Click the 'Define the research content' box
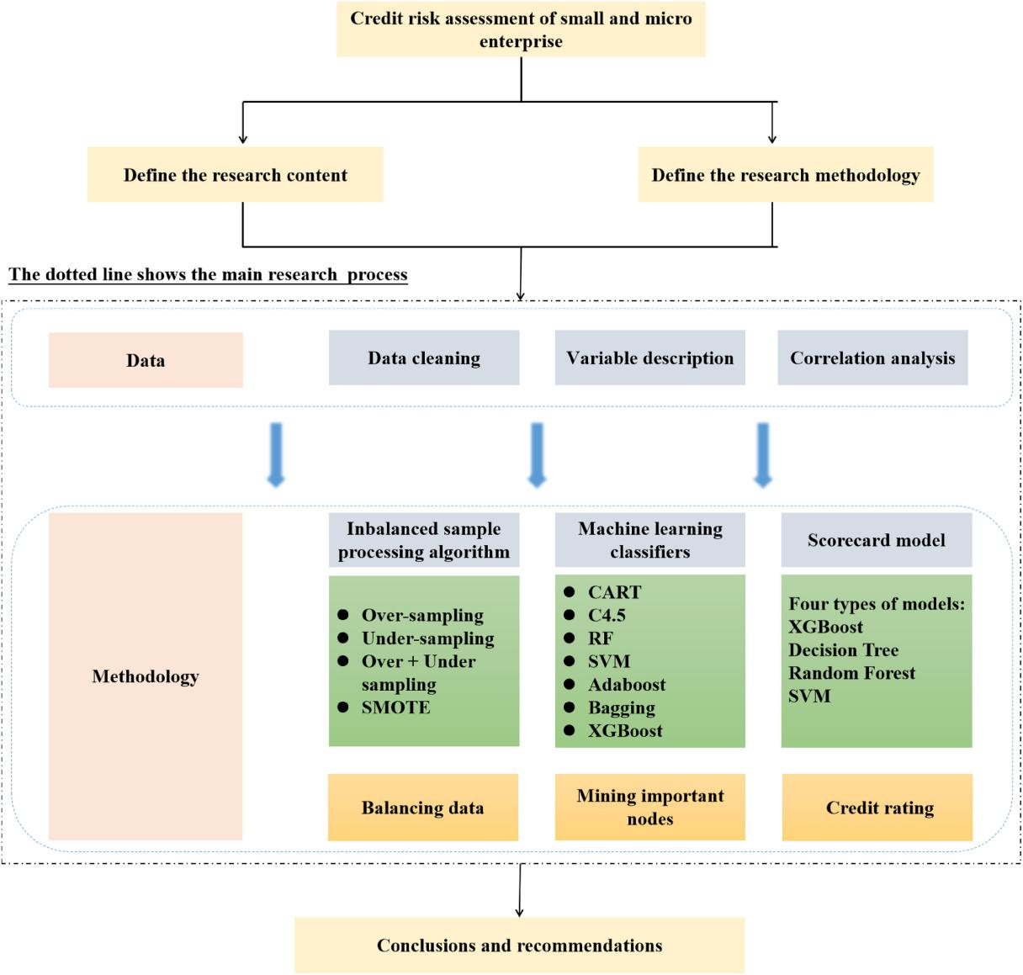click(x=235, y=175)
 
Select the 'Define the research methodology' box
click(x=786, y=175)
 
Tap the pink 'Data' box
click(x=146, y=360)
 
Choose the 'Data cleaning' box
click(x=424, y=358)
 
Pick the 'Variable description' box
click(x=649, y=358)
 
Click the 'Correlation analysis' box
click(x=872, y=358)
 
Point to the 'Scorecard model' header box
click(x=877, y=540)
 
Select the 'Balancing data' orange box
click(x=423, y=808)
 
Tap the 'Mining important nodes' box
click(x=650, y=807)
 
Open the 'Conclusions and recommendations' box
click(x=519, y=945)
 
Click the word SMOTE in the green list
click(x=395, y=707)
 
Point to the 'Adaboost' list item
click(x=627, y=685)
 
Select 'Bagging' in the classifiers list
click(x=622, y=707)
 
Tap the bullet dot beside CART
click(x=570, y=592)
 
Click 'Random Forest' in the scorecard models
click(x=851, y=673)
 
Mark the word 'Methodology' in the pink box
click(x=146, y=676)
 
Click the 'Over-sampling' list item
click(x=422, y=616)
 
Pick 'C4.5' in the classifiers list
click(x=607, y=615)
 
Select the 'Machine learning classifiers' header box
click(x=650, y=540)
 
